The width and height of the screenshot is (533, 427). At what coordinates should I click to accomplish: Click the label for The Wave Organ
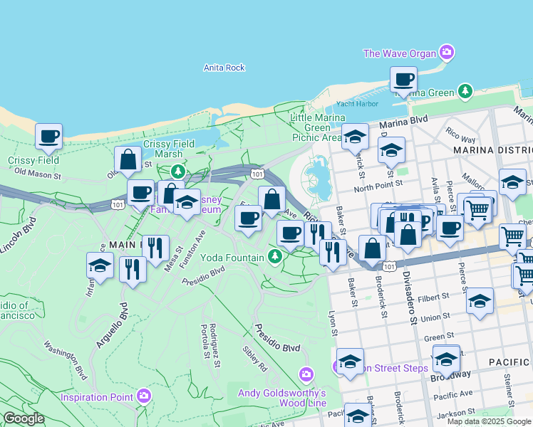coord(400,53)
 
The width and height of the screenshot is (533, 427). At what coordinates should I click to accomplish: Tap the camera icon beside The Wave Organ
coord(447,52)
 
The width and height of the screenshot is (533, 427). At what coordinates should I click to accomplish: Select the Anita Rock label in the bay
coord(224,68)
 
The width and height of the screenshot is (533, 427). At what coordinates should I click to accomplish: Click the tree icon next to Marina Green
coord(465,91)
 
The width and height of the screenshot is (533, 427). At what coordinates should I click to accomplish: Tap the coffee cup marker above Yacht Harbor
coord(403,80)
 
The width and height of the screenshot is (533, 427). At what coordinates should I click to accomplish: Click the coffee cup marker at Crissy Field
coord(48,137)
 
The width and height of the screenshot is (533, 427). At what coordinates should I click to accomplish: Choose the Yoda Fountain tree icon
coord(274,256)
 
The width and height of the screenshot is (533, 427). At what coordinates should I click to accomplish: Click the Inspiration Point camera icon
coord(145,396)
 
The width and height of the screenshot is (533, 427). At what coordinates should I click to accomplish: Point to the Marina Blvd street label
coord(403,122)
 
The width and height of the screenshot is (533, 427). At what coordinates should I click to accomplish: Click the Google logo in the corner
coord(24,418)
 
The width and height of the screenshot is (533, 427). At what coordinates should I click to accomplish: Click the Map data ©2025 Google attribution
coord(488,421)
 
